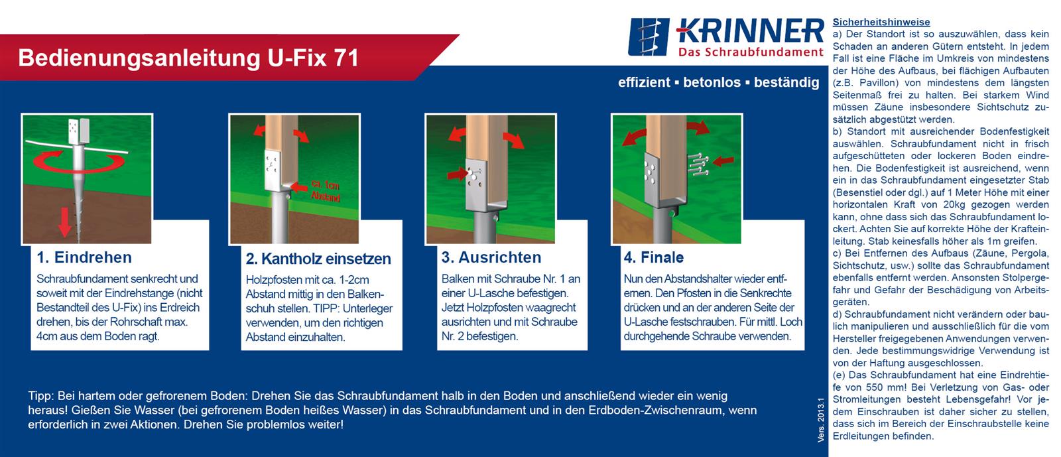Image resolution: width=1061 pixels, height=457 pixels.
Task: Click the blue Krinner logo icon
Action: click(x=649, y=37)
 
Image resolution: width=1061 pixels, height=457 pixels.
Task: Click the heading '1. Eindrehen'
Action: click(x=84, y=257)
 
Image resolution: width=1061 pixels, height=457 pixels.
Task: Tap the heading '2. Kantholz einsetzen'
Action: click(x=318, y=259)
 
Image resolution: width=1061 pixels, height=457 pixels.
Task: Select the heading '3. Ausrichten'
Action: click(x=491, y=257)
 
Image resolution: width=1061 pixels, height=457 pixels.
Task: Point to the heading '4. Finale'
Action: click(x=654, y=257)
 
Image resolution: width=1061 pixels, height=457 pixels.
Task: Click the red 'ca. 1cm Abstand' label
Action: click(x=326, y=190)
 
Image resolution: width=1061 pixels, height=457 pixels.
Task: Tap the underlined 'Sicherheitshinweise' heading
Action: click(x=881, y=22)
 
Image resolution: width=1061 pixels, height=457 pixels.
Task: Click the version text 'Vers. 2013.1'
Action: click(x=821, y=421)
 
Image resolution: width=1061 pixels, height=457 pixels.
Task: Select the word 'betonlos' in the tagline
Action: click(x=712, y=82)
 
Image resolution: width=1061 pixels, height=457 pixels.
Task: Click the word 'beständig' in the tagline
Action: click(x=786, y=82)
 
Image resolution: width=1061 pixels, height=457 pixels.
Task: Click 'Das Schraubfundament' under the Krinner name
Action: click(x=751, y=52)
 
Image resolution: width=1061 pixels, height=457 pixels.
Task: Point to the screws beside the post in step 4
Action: click(x=698, y=164)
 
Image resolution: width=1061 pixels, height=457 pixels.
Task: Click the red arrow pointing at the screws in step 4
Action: click(x=723, y=161)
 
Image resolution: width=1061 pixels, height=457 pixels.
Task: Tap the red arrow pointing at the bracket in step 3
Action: click(x=458, y=174)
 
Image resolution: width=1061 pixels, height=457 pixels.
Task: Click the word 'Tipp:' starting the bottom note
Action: click(x=41, y=397)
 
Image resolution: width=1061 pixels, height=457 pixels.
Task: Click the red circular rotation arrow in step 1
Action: click(x=79, y=161)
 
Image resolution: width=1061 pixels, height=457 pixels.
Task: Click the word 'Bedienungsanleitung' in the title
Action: click(x=139, y=58)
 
